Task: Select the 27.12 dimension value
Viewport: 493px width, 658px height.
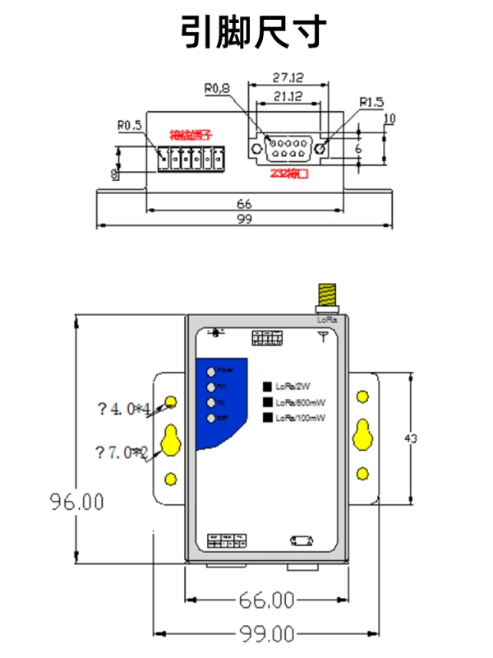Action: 288,78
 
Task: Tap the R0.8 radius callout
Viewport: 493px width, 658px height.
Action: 218,87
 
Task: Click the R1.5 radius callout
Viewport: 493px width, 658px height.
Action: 371,103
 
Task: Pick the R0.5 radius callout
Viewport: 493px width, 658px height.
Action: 129,126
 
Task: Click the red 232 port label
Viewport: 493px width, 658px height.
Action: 289,173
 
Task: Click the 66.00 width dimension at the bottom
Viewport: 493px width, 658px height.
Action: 265,600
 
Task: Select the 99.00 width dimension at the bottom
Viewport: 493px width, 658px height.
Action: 265,634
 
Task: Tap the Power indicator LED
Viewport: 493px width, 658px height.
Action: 213,370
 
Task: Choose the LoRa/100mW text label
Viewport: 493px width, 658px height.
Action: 301,419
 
